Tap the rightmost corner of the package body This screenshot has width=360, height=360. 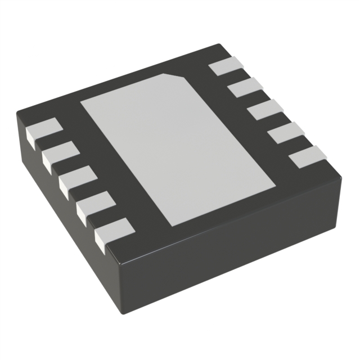click(x=343, y=174)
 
